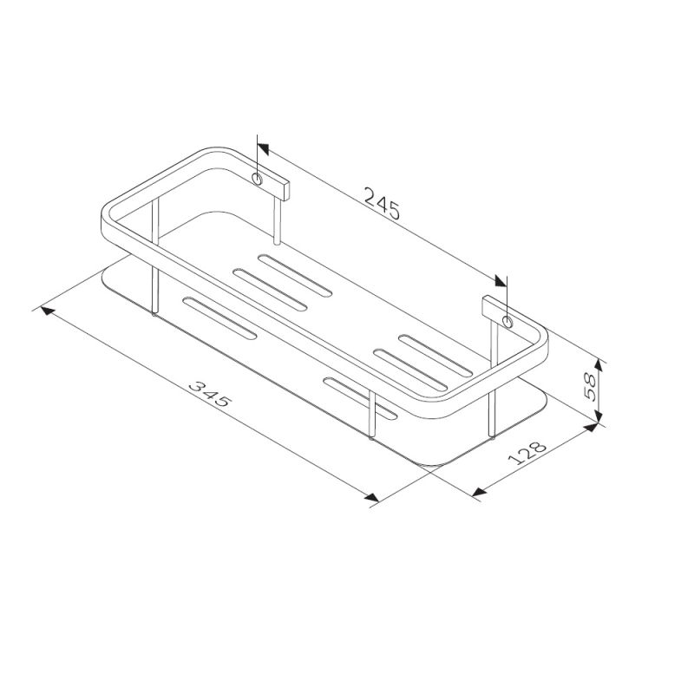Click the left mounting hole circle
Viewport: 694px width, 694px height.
[258, 179]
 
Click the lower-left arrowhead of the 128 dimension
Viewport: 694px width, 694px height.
[478, 494]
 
